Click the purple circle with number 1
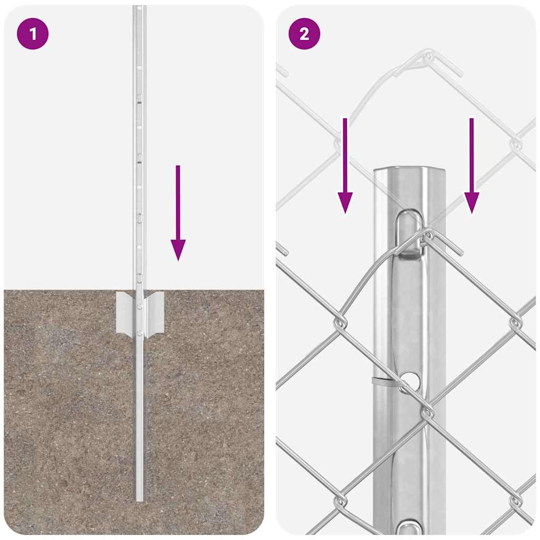click(33, 34)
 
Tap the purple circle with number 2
click(304, 34)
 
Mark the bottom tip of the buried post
click(139, 498)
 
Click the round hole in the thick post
click(410, 379)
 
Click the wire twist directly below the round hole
click(428, 411)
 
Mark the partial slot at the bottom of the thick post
click(410, 527)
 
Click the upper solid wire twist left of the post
click(340, 322)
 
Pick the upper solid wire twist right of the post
click(515, 322)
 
